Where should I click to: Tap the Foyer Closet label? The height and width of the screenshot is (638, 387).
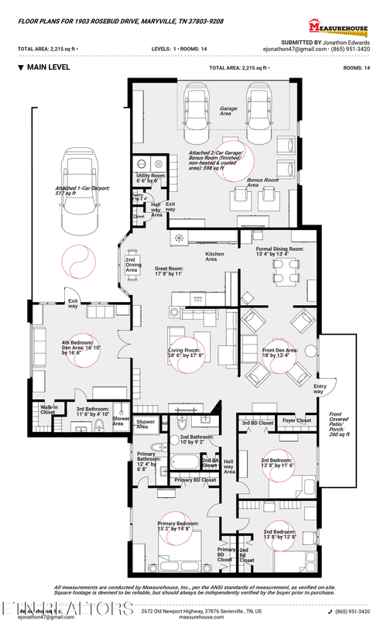tap(296, 421)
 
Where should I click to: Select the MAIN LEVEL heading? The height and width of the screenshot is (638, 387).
tap(48, 67)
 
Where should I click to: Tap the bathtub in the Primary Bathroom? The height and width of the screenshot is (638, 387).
tap(187, 463)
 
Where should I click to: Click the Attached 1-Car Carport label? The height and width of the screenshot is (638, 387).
tap(76, 190)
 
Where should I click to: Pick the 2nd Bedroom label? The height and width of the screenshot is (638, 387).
tap(279, 534)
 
